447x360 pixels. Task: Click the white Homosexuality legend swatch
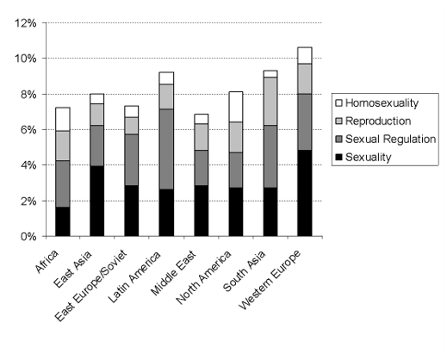tap(338, 103)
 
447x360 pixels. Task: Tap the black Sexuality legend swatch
tap(338, 158)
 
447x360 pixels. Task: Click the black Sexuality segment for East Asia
tap(96, 201)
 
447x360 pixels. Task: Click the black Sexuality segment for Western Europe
tap(304, 193)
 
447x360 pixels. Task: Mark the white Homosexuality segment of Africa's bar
tap(62, 119)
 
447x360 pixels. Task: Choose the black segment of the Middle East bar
tap(201, 210)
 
